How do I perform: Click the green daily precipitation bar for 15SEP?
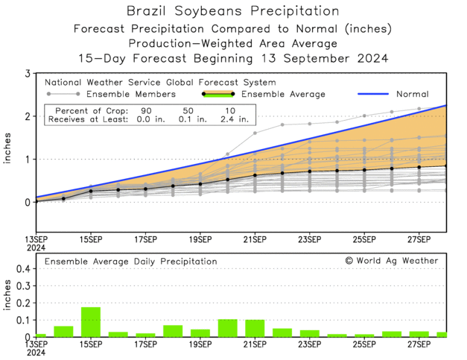click(91, 322)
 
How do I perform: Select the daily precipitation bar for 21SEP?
click(255, 329)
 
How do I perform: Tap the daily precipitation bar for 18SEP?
click(173, 331)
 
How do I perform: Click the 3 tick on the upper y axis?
click(28, 74)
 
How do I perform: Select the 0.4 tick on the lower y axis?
click(22, 268)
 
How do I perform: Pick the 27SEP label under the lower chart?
click(419, 347)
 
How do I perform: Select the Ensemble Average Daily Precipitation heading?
click(131, 262)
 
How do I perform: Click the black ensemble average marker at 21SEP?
click(255, 175)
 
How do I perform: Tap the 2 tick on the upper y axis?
click(28, 116)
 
